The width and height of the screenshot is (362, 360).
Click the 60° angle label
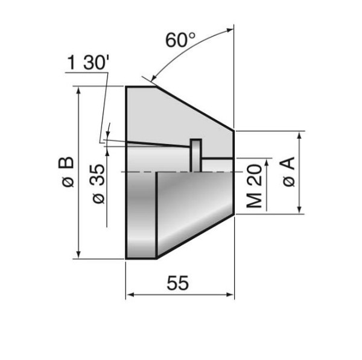click(x=180, y=41)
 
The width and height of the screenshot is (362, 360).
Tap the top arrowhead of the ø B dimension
click(x=80, y=91)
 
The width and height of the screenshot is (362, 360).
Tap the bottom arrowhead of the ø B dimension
click(x=80, y=254)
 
